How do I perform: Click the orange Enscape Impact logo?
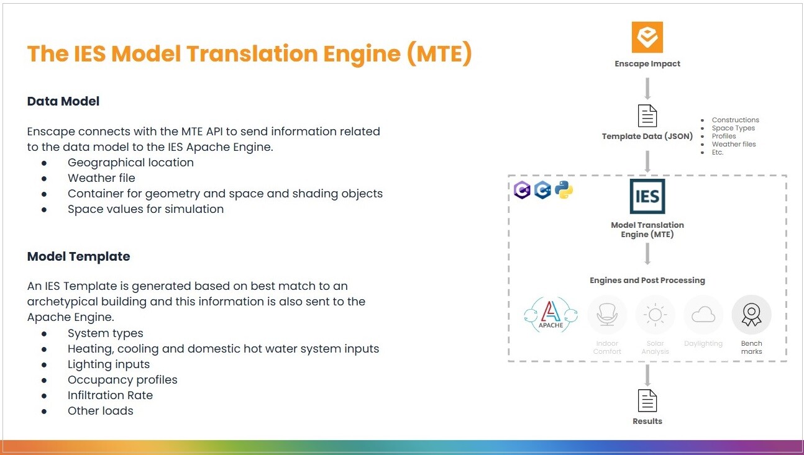647,37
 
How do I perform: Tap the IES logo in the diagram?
647,196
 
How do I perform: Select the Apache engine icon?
550,315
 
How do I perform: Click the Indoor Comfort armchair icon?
607,315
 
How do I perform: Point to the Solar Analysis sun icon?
655,315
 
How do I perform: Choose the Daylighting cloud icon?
703,315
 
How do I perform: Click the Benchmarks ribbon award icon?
751,315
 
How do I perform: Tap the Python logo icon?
564,191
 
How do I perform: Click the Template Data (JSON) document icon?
647,116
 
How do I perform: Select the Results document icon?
647,400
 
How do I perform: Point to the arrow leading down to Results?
647,375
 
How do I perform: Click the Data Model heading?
63,101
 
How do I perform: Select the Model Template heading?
79,256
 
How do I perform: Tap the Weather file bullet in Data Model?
101,178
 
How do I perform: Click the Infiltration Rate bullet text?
110,395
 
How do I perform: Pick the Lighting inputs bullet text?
109,364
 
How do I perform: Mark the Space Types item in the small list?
733,128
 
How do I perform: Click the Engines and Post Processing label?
647,281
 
